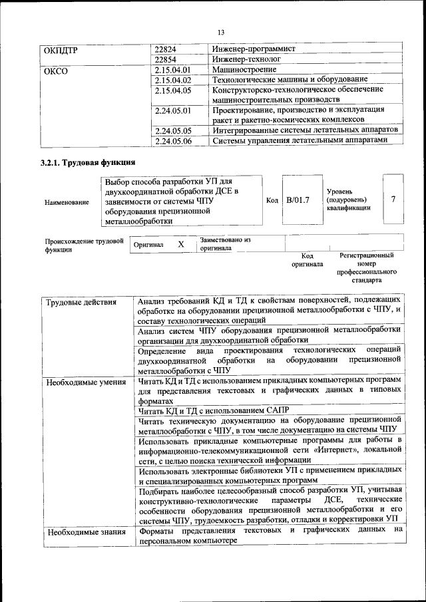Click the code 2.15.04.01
(172, 69)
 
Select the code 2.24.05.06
(172, 140)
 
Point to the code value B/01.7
(298, 200)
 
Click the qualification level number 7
(393, 200)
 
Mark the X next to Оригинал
(180, 244)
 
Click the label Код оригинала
(307, 259)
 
